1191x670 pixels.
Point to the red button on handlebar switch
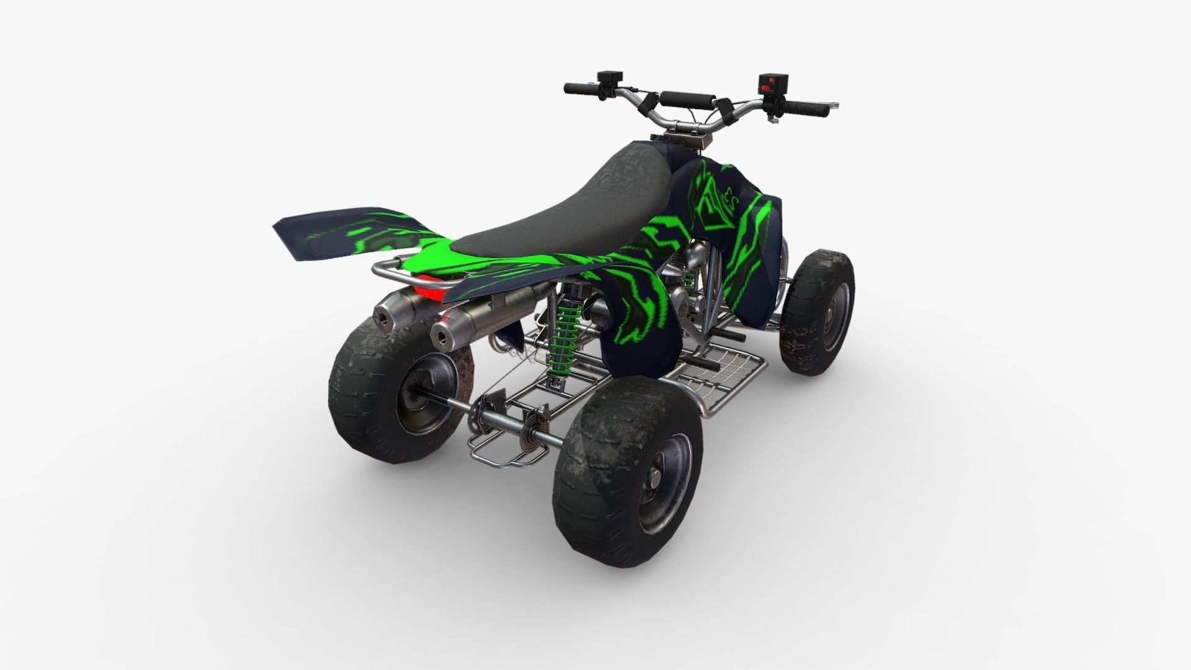tap(771, 80)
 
